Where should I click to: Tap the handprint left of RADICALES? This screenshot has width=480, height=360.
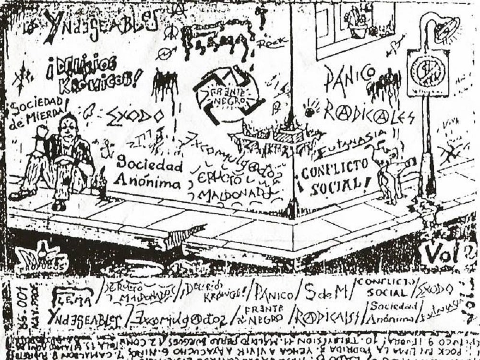(x=310, y=108)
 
